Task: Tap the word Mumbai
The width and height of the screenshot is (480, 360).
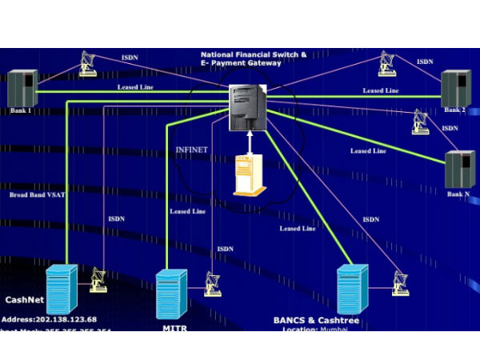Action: pos(336,329)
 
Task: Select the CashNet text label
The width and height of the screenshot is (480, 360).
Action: pos(25,302)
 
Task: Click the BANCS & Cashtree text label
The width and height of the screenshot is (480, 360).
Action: pos(316,320)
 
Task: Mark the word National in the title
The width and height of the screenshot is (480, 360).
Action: pos(219,55)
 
